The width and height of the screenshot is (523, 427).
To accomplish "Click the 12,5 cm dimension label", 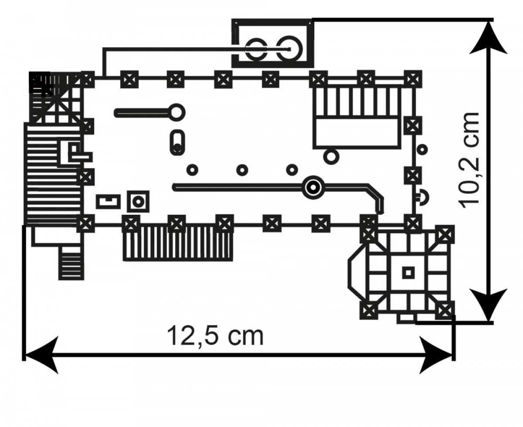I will pyautogui.click(x=216, y=336).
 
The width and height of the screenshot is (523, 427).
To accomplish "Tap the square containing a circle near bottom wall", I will pyautogui.click(x=138, y=202).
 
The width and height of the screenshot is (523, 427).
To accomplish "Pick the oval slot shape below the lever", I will pyautogui.click(x=177, y=142).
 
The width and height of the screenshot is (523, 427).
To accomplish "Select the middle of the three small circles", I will pyautogui.click(x=242, y=169).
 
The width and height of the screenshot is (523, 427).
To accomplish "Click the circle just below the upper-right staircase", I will pyautogui.click(x=331, y=156).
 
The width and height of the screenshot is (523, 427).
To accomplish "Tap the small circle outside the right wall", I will pyautogui.click(x=421, y=149).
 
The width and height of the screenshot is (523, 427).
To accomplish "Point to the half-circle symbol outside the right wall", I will pyautogui.click(x=422, y=198).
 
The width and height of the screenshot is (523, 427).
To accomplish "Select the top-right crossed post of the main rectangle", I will pyautogui.click(x=412, y=79).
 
